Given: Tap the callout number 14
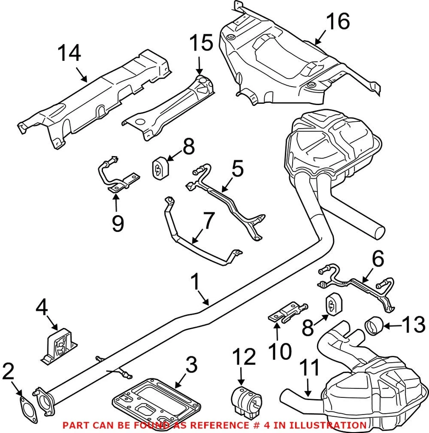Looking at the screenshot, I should pos(69,53).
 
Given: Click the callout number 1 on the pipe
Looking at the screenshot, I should pos(195,283).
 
